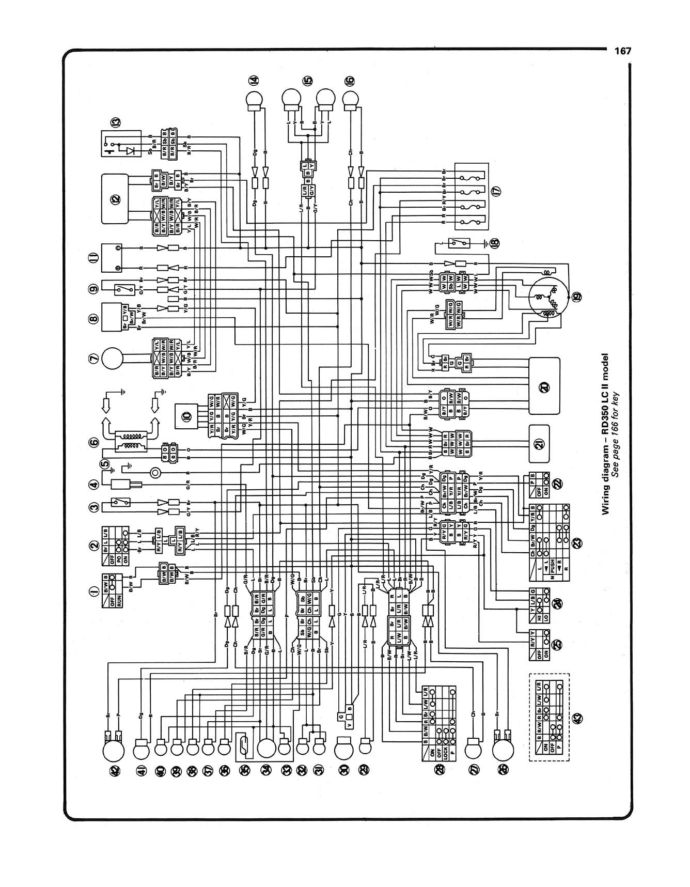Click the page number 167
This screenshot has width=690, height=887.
pyautogui.click(x=623, y=51)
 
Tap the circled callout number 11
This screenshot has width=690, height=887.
pyautogui.click(x=93, y=258)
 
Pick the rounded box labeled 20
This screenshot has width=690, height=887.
pyautogui.click(x=544, y=386)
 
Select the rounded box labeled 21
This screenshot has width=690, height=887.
pyautogui.click(x=539, y=444)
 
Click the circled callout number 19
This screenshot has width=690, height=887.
pyautogui.click(x=576, y=296)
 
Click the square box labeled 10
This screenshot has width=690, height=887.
pyautogui.click(x=186, y=415)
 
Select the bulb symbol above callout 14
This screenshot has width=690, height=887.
pyautogui.click(x=254, y=99)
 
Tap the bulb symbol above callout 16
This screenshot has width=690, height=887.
pyautogui.click(x=351, y=99)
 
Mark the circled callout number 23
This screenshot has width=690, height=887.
pyautogui.click(x=577, y=542)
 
